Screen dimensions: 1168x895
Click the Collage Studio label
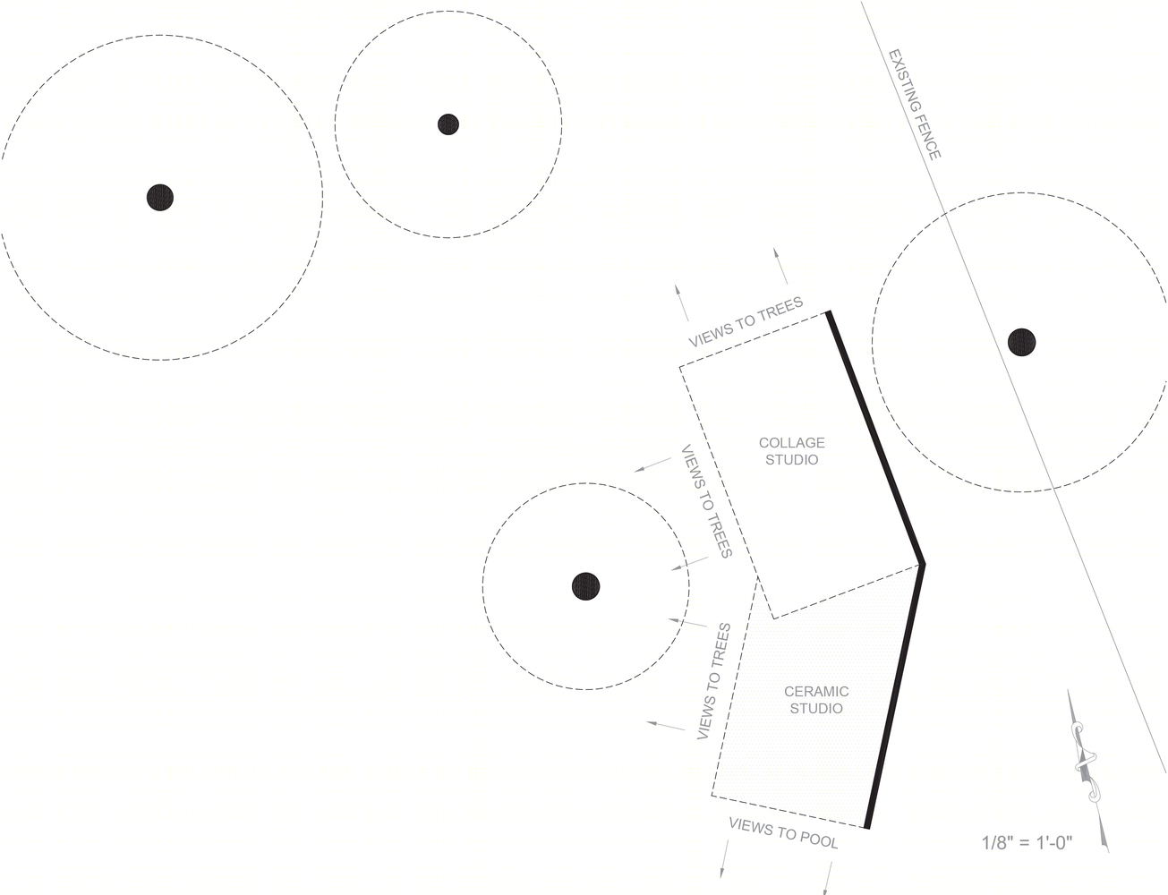791,451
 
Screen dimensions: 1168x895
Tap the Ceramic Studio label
816,700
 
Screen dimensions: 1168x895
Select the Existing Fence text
915,105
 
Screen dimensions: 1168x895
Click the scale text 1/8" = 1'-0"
1027,842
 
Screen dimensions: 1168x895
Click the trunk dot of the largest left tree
159,197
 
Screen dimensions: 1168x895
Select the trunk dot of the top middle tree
448,124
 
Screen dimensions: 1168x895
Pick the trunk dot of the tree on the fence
1021,342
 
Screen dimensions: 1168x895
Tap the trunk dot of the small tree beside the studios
585,586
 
